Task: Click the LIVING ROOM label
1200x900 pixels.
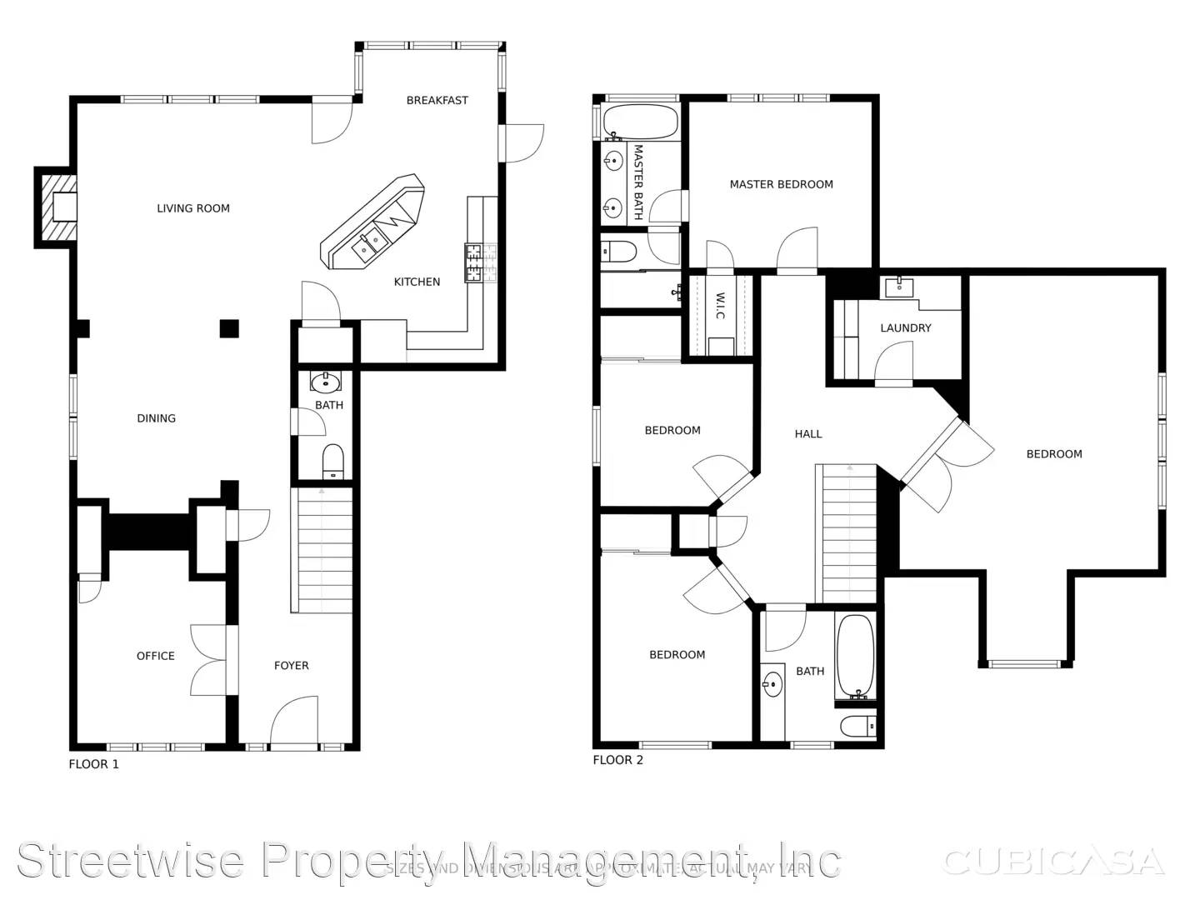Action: click(x=193, y=208)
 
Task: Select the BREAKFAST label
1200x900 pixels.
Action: click(x=437, y=100)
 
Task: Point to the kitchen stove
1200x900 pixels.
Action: click(x=474, y=262)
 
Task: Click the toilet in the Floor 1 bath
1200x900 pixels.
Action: click(x=332, y=462)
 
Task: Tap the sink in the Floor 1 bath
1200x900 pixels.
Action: click(x=325, y=382)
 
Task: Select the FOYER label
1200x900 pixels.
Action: click(x=291, y=665)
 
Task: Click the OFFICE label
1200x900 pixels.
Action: click(x=155, y=656)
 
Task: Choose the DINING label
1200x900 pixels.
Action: click(x=156, y=418)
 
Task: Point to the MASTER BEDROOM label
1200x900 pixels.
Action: click(x=781, y=184)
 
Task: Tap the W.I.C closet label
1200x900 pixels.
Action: click(x=720, y=304)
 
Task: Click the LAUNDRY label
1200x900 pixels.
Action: click(x=905, y=327)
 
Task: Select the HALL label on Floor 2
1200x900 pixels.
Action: click(x=807, y=433)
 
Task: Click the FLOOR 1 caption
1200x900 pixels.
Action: click(x=93, y=764)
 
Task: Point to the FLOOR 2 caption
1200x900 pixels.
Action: click(x=617, y=760)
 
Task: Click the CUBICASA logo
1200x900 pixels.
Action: click(x=1052, y=862)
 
